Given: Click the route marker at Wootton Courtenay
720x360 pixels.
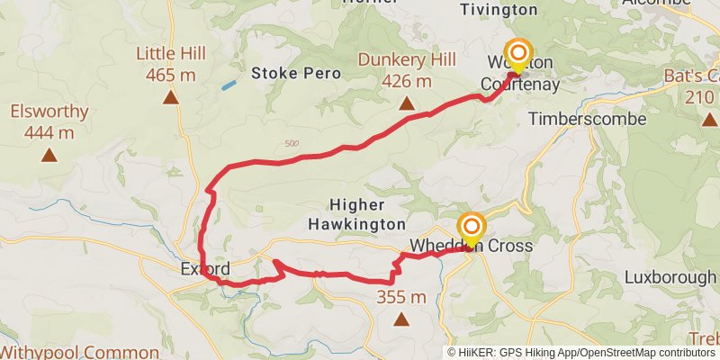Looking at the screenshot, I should tap(517, 54).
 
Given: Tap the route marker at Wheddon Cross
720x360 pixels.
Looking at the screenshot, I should tap(471, 227).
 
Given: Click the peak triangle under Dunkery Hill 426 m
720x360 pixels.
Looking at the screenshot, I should tap(407, 104).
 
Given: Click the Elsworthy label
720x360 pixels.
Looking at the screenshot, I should tap(49, 112).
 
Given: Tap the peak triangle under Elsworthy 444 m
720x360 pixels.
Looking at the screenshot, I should tap(49, 156).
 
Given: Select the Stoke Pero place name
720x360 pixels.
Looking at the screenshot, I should tap(296, 73).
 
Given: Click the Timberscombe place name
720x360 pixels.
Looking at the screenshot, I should tap(588, 119).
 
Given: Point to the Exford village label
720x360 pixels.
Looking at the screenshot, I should tap(205, 268).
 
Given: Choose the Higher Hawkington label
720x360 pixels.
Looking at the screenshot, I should tap(356, 213).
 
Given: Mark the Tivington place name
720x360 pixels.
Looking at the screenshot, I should tap(499, 10).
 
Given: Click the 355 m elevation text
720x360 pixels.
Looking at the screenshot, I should tap(401, 297).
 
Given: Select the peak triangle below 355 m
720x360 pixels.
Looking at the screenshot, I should tap(401, 319).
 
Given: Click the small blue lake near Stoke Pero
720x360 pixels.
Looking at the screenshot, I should tap(229, 85).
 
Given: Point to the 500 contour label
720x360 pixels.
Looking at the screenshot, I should tap(291, 143).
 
